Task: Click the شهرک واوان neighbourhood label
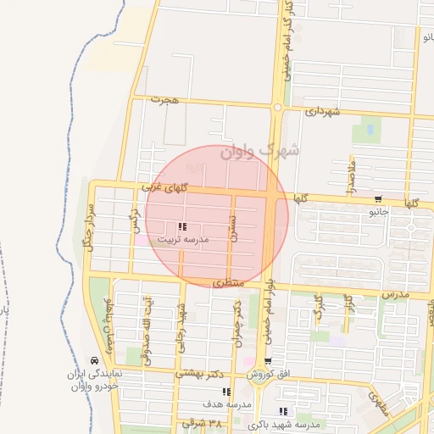pos(259,151)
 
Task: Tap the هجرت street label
pos(166,100)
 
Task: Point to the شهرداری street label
pos(323,111)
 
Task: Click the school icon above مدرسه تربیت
pos(182,226)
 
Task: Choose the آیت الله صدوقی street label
pos(151,325)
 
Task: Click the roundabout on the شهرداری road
pos(277,108)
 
